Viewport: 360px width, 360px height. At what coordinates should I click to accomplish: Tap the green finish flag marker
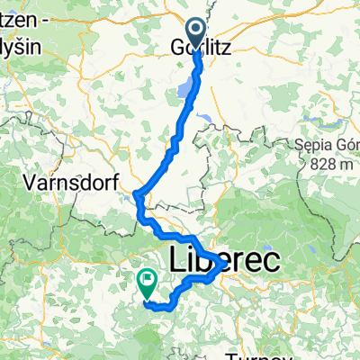(x=146, y=284)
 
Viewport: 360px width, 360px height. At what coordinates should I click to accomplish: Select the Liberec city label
(x=223, y=258)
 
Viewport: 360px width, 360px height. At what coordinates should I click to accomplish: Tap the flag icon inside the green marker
(x=146, y=281)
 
